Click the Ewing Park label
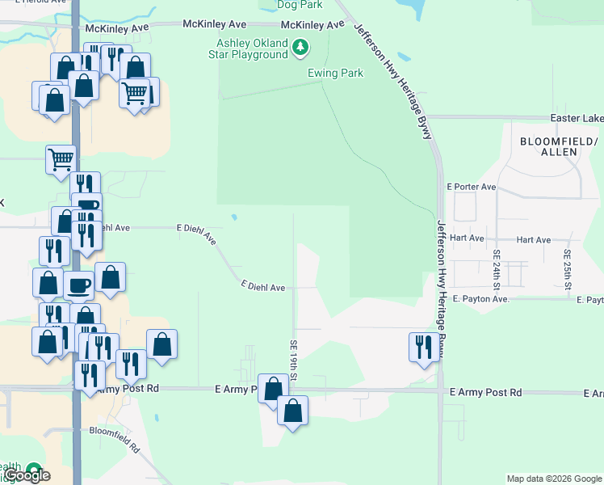(335, 73)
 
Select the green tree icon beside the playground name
(300, 48)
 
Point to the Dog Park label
(294, 5)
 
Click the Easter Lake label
(577, 119)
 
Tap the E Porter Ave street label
(471, 187)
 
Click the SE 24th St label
(497, 270)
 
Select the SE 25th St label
(568, 270)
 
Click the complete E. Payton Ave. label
(480, 299)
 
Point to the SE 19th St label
(294, 361)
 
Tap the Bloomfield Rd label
(115, 438)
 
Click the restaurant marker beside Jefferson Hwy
(424, 347)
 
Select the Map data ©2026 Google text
(553, 479)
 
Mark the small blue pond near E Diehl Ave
(233, 217)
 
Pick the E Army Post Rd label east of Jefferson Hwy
(485, 392)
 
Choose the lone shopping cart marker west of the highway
(61, 159)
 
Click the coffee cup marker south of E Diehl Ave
(79, 285)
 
